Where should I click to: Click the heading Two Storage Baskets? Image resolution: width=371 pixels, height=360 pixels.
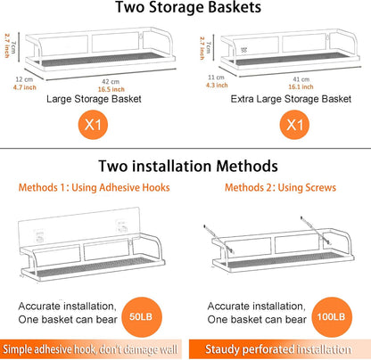pyautogui.click(x=188, y=7)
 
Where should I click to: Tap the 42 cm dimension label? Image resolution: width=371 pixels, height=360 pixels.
pyautogui.click(x=111, y=82)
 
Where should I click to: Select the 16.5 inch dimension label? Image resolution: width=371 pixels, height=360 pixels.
pyautogui.click(x=111, y=89)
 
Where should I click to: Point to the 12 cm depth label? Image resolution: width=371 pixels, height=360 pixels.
pyautogui.click(x=24, y=79)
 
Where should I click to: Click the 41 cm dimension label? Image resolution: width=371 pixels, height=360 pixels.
pyautogui.click(x=301, y=79)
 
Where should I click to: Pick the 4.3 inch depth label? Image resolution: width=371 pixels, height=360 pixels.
pyautogui.click(x=217, y=86)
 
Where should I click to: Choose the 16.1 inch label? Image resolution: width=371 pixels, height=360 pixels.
pyautogui.click(x=301, y=86)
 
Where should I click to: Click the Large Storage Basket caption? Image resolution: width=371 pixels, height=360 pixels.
pyautogui.click(x=94, y=99)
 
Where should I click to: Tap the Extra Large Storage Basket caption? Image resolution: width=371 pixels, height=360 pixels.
pyautogui.click(x=291, y=99)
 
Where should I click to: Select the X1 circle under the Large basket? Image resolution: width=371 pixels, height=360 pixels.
pyautogui.click(x=93, y=125)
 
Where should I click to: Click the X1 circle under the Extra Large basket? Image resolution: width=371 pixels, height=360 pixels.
pyautogui.click(x=294, y=125)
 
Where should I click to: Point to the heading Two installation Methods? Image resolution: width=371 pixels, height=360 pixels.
pyautogui.click(x=188, y=166)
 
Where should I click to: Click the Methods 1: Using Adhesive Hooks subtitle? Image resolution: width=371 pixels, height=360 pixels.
pyautogui.click(x=95, y=188)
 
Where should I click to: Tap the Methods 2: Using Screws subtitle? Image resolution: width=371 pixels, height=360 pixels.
pyautogui.click(x=280, y=188)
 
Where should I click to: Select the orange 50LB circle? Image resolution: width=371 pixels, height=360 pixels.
pyautogui.click(x=142, y=317)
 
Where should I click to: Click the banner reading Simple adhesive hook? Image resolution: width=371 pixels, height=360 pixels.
pyautogui.click(x=91, y=349)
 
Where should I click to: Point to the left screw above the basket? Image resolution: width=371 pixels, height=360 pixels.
pyautogui.click(x=218, y=239)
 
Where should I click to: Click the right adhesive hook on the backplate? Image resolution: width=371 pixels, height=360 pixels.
pyautogui.click(x=122, y=226)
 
